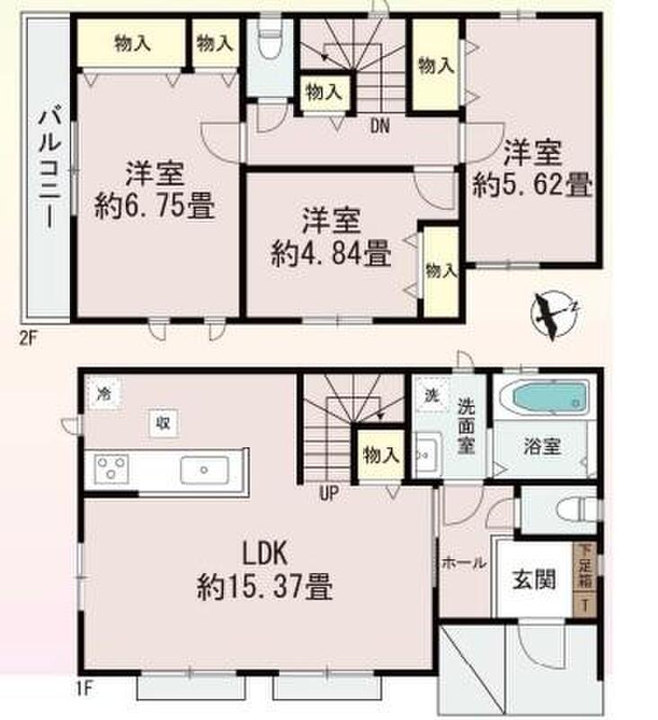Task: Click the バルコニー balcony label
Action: [x=49, y=166]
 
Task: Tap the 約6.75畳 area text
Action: [x=155, y=206]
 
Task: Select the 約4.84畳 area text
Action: [x=331, y=254]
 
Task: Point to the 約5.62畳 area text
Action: [x=532, y=184]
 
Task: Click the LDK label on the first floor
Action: [x=264, y=553]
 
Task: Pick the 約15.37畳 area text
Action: [x=264, y=587]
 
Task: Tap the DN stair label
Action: [x=379, y=126]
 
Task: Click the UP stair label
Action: [x=328, y=493]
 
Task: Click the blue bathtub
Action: [x=549, y=397]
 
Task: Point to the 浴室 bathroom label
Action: [x=542, y=445]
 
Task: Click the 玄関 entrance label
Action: [x=534, y=579]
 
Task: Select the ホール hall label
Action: [x=463, y=562]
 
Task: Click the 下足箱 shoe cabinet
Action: [x=585, y=580]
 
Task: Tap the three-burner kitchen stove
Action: [x=111, y=469]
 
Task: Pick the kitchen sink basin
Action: [x=205, y=470]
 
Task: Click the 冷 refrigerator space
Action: [x=104, y=394]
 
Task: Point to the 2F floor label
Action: [x=28, y=339]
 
